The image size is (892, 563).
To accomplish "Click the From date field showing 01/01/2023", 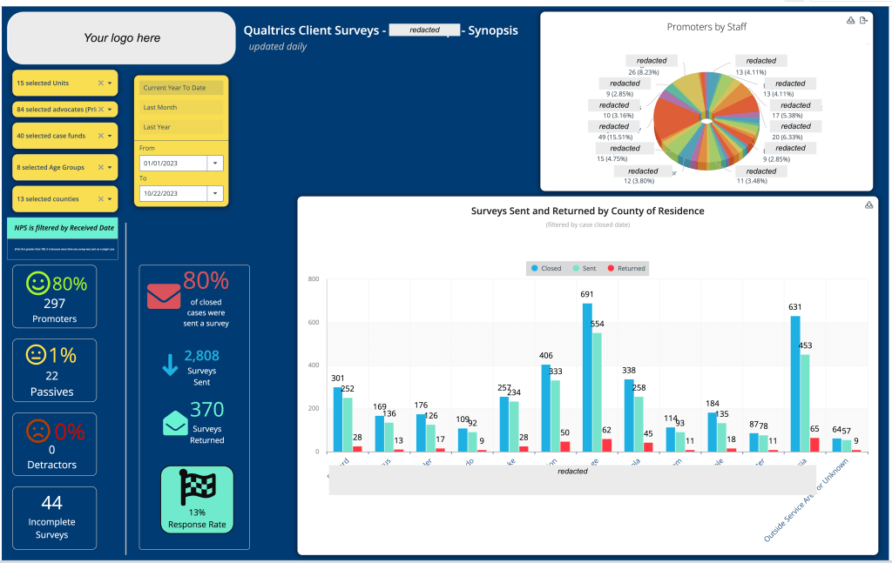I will [x=173, y=163].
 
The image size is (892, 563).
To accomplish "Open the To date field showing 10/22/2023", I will [x=173, y=193].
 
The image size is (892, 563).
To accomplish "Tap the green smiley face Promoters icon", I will [x=37, y=284].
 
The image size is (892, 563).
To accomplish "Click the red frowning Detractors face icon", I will [x=37, y=431].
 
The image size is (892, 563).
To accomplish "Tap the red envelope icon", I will [x=164, y=297].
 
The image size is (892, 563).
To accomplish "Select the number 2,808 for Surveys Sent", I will [x=202, y=355].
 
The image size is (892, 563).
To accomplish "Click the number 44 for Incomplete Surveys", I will [x=52, y=502].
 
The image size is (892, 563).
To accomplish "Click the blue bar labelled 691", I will [x=587, y=377].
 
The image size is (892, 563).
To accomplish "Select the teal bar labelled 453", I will [x=806, y=402].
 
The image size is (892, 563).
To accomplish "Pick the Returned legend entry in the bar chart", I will [x=626, y=268].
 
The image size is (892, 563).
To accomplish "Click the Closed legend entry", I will [x=546, y=268].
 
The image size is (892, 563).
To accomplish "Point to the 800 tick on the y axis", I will [x=314, y=279].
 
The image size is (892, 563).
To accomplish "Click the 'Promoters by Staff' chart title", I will [x=706, y=27].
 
